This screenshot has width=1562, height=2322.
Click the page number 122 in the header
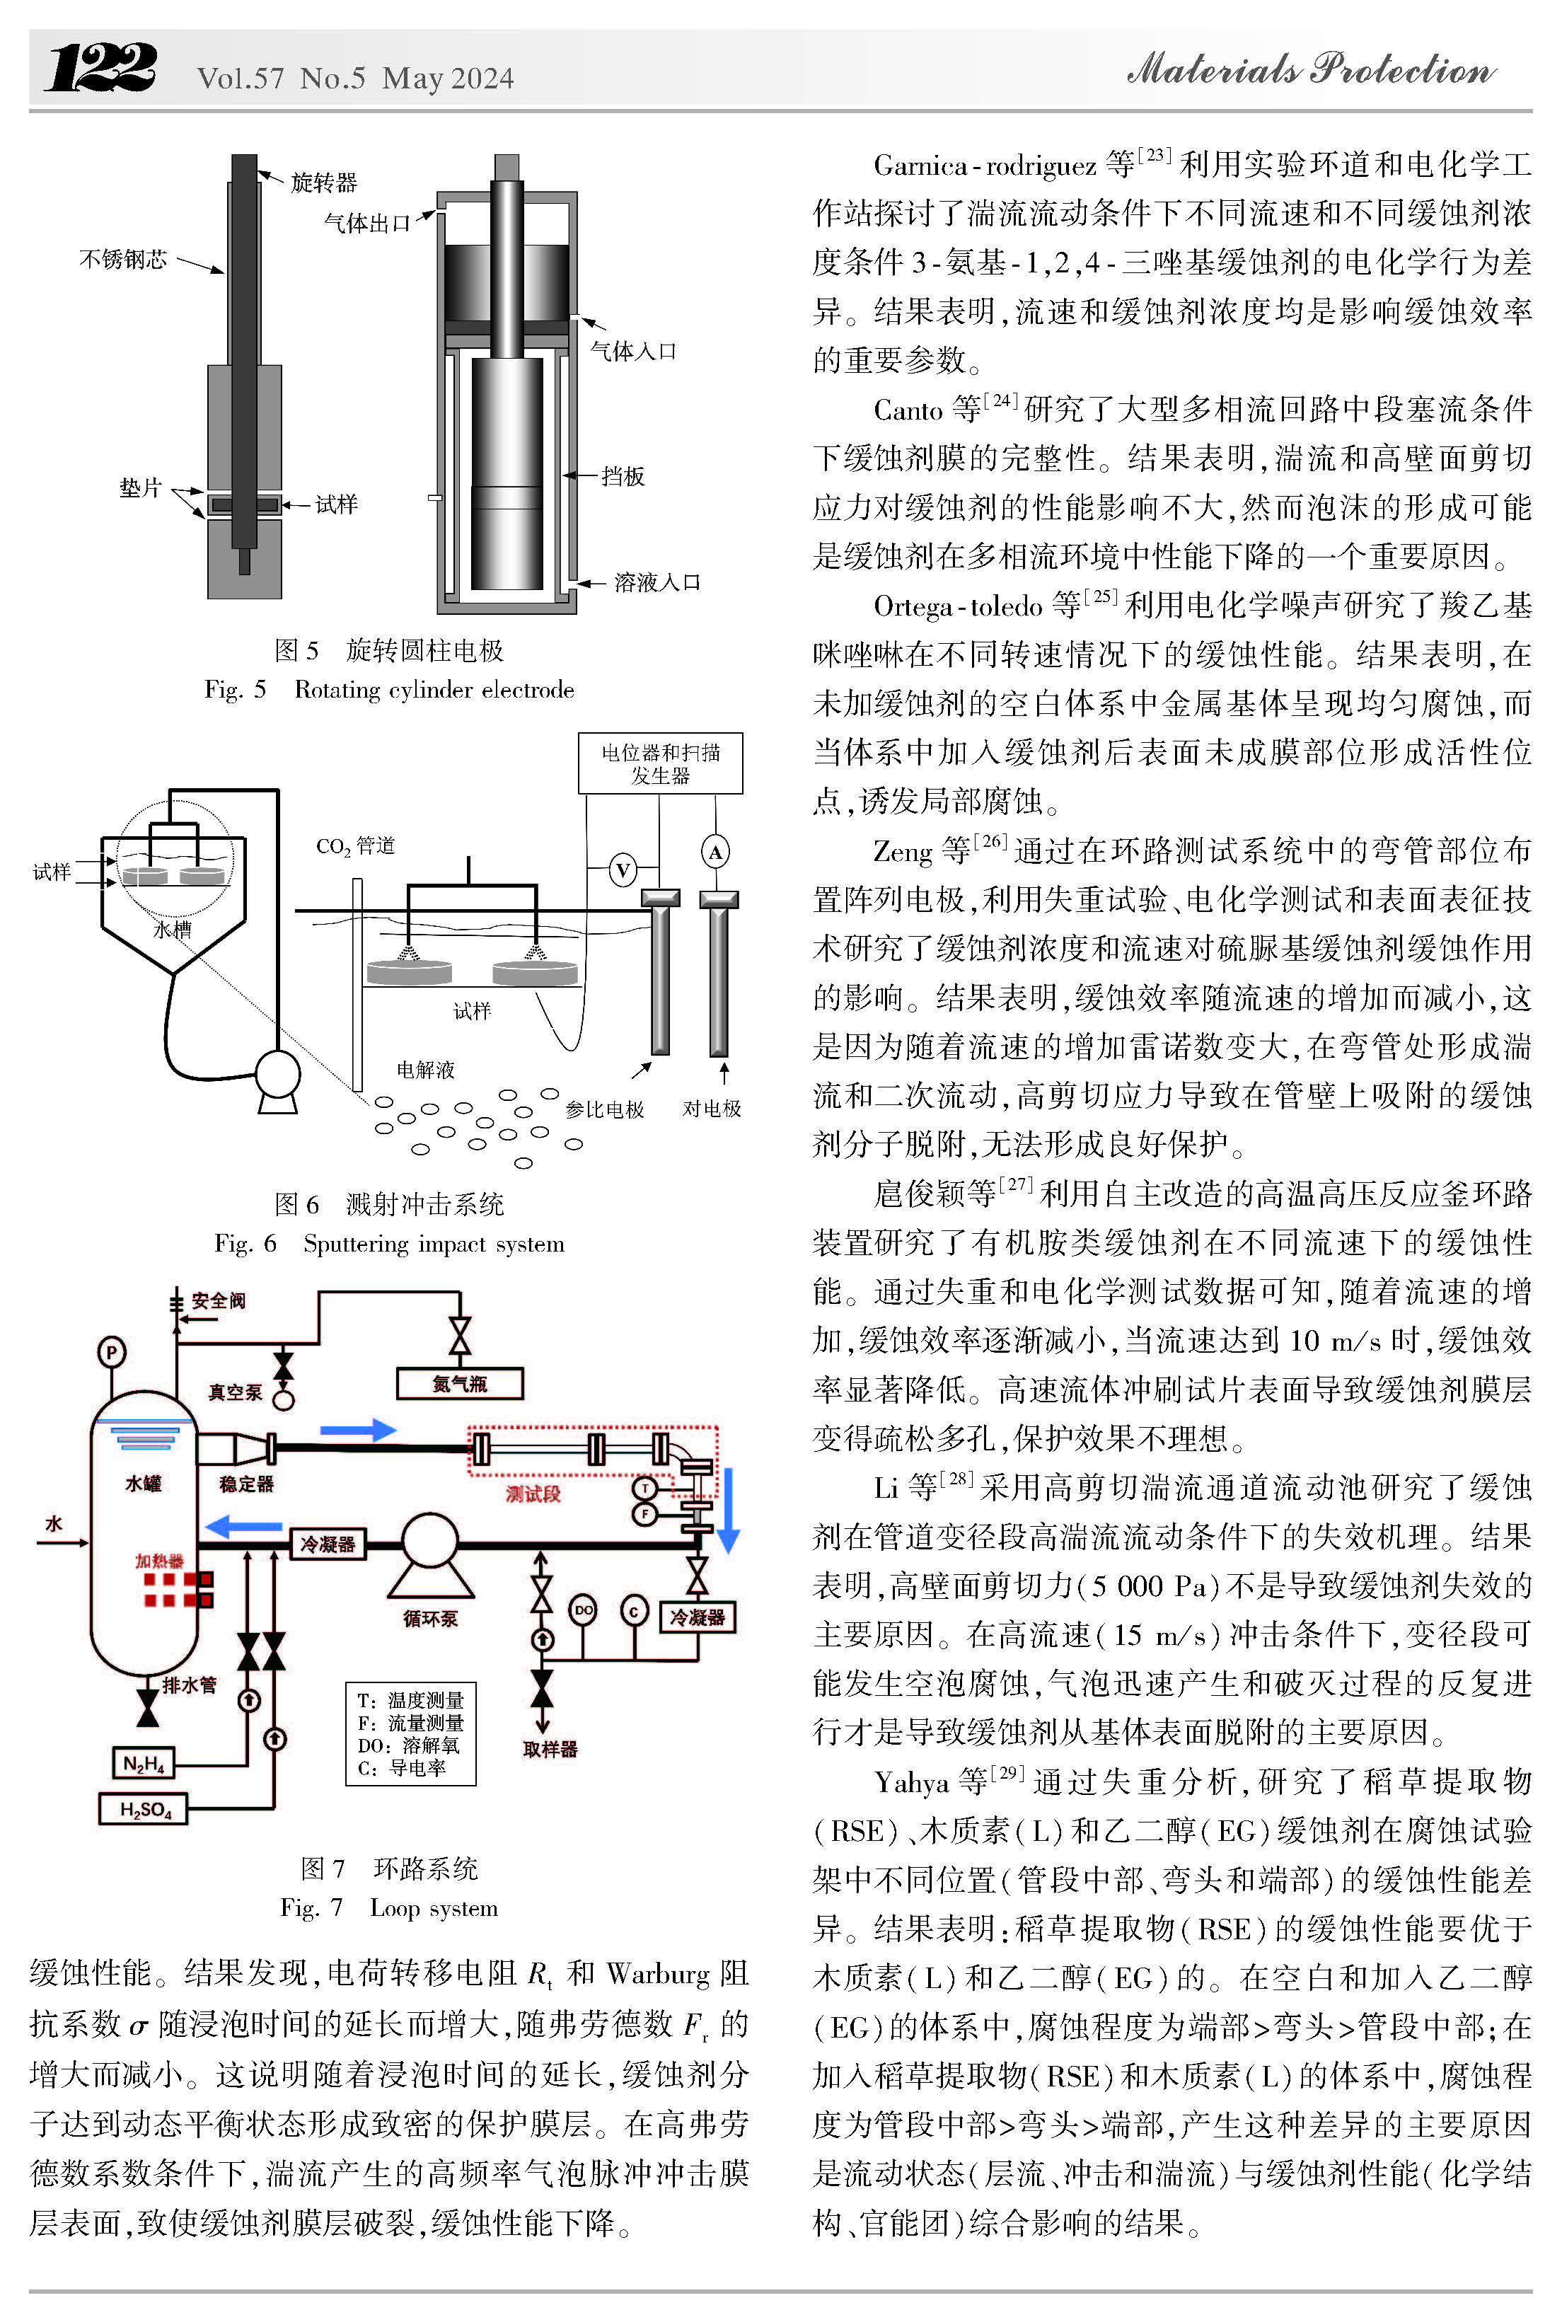(x=100, y=68)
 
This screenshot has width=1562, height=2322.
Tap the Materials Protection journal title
(x=1310, y=70)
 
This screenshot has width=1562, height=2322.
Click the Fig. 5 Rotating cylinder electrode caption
(x=388, y=689)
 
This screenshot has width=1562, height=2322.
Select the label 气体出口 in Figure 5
(x=366, y=223)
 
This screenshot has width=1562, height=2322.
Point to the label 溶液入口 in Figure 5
(x=656, y=583)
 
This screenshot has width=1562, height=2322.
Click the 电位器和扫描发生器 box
(x=659, y=764)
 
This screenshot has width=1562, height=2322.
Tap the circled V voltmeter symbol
(x=623, y=870)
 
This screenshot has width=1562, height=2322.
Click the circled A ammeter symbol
(x=715, y=852)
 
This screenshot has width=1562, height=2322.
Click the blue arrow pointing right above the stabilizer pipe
(x=358, y=1431)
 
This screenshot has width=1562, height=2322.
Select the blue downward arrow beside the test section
(x=728, y=1508)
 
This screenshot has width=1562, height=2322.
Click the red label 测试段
(x=533, y=1494)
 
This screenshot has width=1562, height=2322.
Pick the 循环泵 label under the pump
(x=430, y=1618)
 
